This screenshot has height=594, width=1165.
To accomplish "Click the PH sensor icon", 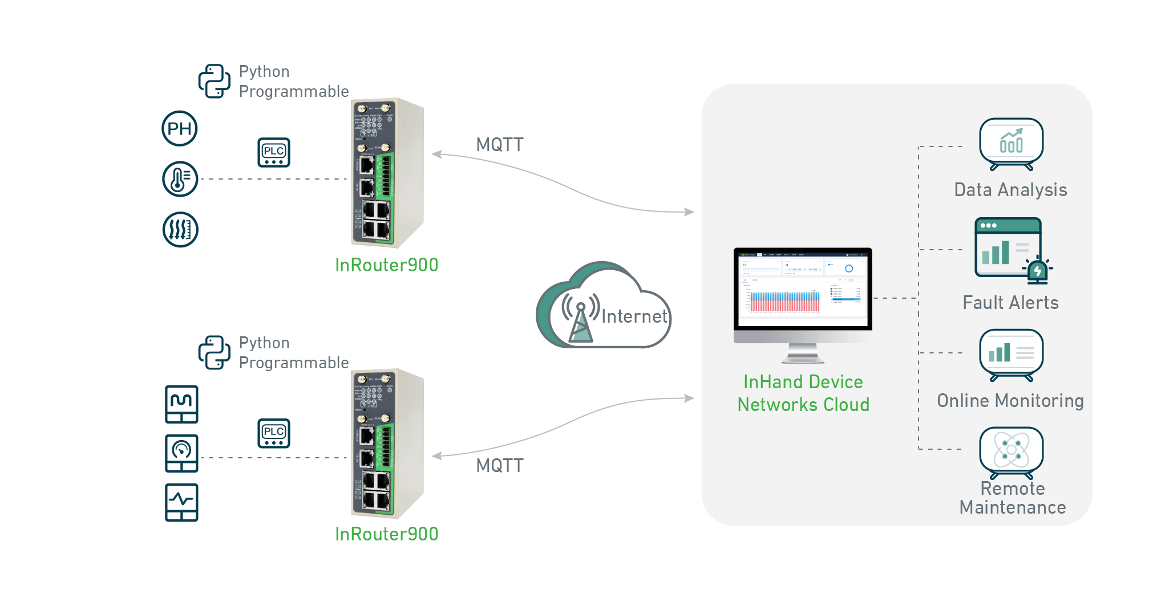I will [180, 128].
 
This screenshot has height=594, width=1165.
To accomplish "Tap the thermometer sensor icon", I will [180, 179].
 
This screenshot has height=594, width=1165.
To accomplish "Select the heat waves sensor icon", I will [180, 230].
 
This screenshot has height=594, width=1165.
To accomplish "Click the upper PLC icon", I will [274, 152].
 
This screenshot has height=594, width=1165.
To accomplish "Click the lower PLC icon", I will [274, 433].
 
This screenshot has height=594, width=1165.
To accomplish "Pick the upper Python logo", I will [214, 81].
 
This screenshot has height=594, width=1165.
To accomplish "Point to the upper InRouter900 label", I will [386, 265].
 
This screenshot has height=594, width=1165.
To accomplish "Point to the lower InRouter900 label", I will [386, 534].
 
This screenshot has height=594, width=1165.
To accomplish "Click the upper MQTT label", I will [500, 145].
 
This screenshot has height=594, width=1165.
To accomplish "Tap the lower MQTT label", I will [500, 466].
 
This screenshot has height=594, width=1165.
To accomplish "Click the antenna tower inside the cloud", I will [581, 322].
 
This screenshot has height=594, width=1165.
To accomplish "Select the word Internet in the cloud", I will [634, 316].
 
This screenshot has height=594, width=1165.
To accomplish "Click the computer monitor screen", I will [803, 288].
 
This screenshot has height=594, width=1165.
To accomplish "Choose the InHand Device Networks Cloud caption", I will [803, 393].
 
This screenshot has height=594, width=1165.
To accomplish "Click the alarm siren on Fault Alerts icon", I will [1038, 270].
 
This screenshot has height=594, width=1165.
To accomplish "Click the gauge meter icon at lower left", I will [181, 453].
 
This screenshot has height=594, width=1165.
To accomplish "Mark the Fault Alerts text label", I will [1010, 303].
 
